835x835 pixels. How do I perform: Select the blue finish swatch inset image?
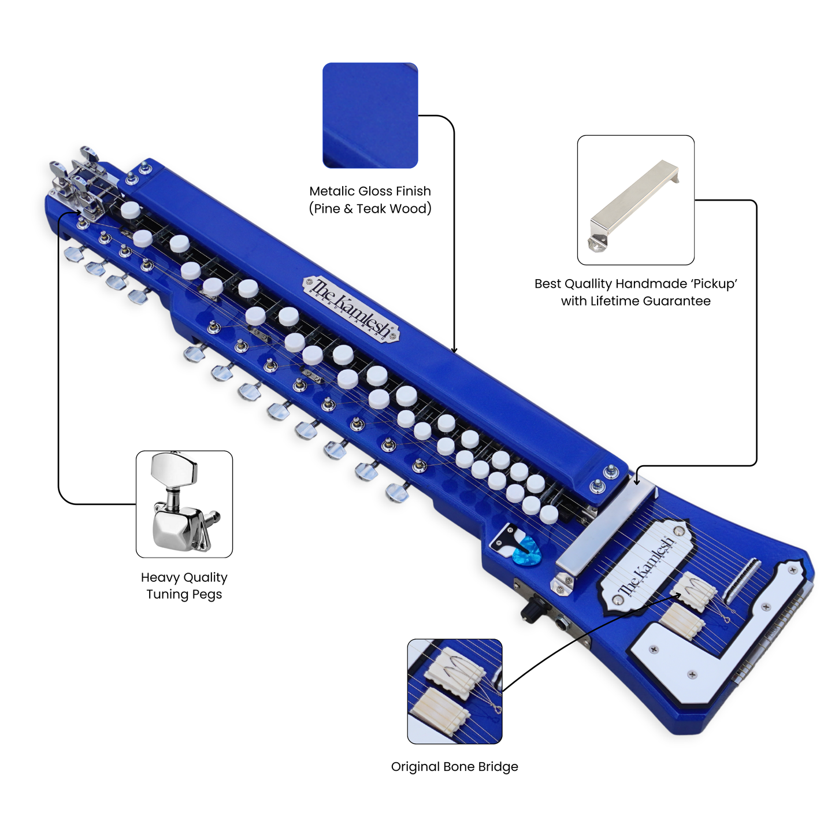(x=370, y=115)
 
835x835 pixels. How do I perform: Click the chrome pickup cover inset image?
(x=636, y=200)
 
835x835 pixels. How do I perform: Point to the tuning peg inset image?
(x=184, y=504)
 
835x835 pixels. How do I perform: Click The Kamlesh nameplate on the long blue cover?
(x=351, y=309)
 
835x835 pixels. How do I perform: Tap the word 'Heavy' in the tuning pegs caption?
(x=158, y=577)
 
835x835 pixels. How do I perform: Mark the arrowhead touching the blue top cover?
(x=454, y=350)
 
